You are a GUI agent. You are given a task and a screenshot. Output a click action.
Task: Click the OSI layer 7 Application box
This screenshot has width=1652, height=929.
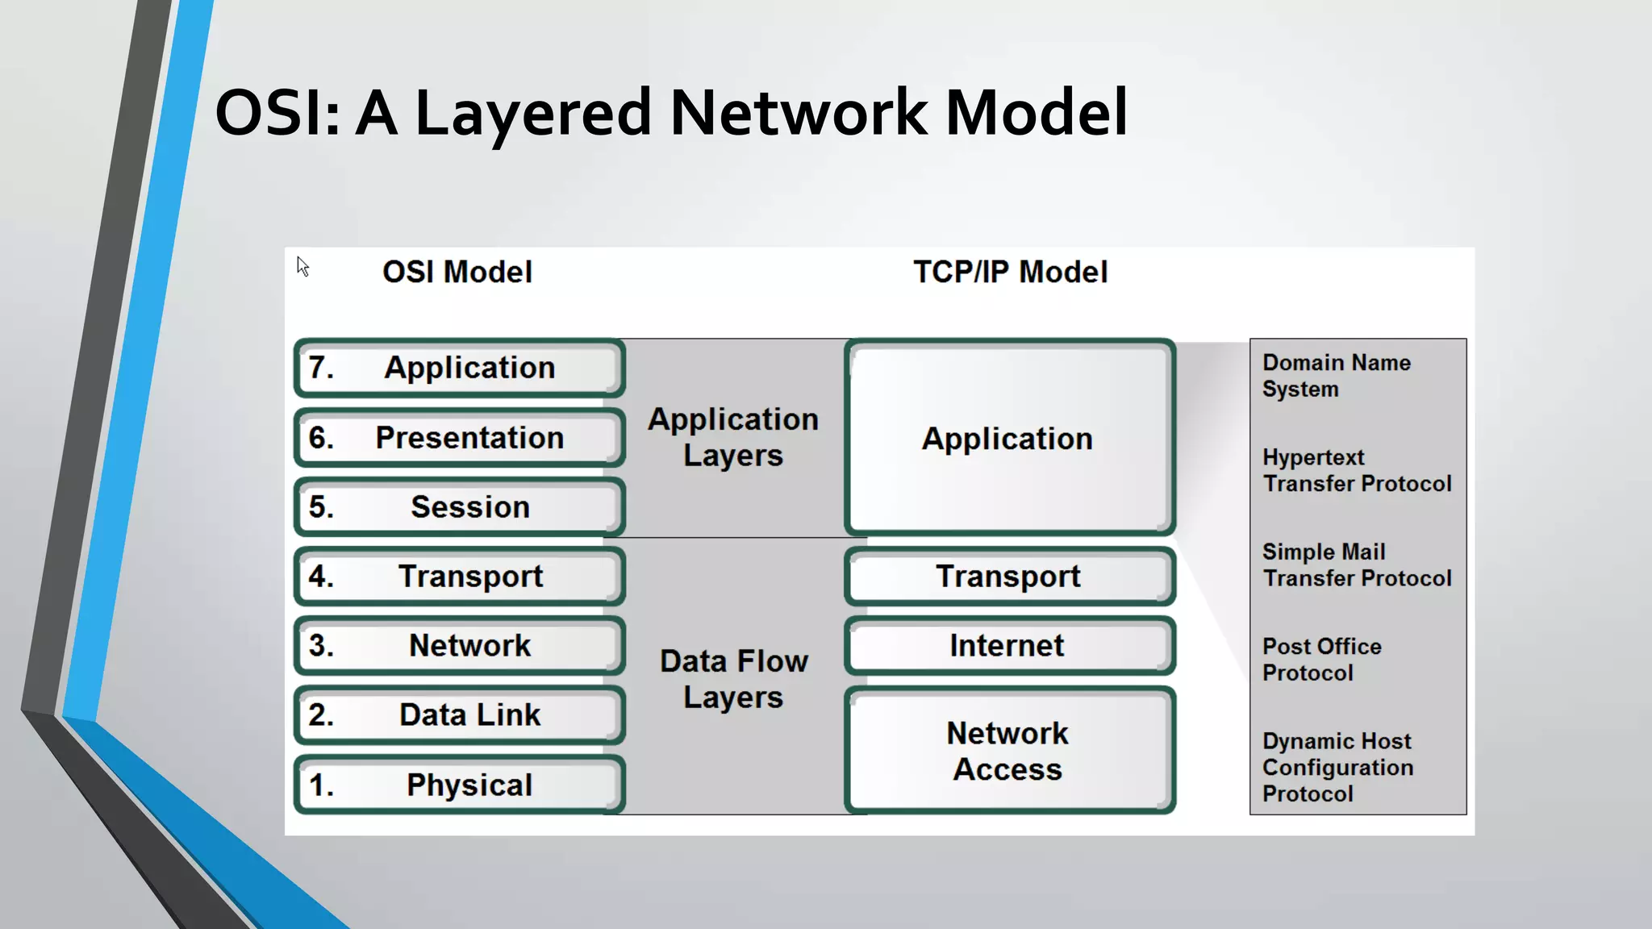(x=459, y=368)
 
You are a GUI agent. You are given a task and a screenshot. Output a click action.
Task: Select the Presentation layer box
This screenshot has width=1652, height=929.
(x=459, y=438)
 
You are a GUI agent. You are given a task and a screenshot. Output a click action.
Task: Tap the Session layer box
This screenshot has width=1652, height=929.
(x=459, y=507)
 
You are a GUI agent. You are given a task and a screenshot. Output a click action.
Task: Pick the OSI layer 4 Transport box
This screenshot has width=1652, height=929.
(x=459, y=577)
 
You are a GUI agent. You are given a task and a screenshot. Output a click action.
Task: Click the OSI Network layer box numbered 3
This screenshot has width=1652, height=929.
(x=459, y=646)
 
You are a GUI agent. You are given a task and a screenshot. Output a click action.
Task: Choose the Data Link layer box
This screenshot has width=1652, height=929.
(x=459, y=715)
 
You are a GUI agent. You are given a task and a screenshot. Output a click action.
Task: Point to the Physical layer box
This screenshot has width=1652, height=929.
(x=459, y=785)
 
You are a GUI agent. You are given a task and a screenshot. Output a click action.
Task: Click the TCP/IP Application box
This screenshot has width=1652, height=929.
(x=1009, y=438)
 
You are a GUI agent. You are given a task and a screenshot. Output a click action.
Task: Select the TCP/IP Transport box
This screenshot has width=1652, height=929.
(x=1009, y=577)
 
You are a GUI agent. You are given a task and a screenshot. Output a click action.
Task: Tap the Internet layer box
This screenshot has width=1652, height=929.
(x=1009, y=646)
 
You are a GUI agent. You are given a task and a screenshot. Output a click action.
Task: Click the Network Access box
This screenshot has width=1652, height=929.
(x=1009, y=751)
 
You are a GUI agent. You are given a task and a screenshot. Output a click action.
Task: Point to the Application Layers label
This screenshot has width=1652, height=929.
(x=733, y=437)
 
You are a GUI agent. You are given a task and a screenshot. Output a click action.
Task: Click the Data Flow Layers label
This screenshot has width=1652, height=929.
(x=733, y=679)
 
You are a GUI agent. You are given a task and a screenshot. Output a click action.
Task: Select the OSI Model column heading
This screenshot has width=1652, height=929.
(x=457, y=272)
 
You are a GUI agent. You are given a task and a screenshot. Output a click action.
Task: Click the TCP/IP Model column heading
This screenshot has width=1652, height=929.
(x=1010, y=272)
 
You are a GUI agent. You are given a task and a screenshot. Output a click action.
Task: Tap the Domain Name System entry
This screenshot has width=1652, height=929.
(x=1336, y=376)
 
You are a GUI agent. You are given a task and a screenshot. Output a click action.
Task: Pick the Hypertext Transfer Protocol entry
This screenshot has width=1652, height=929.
(x=1356, y=470)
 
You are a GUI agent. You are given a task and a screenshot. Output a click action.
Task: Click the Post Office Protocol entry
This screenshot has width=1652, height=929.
(x=1321, y=660)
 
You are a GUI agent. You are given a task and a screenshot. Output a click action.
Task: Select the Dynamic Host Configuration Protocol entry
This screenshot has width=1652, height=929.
(x=1337, y=767)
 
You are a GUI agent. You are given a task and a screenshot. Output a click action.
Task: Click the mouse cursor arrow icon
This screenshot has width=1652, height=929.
(x=302, y=267)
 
